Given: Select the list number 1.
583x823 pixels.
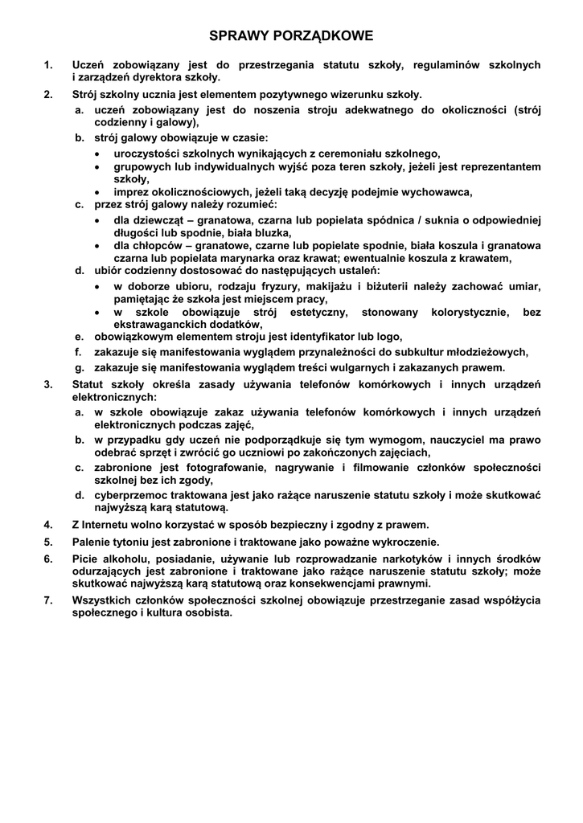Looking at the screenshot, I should tap(48, 65).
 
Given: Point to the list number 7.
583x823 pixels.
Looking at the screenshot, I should tap(48, 600).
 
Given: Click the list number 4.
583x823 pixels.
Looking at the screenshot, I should tap(48, 526).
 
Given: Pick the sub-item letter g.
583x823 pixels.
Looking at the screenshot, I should tap(80, 367).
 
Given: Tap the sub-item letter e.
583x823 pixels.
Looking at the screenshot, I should tap(80, 337).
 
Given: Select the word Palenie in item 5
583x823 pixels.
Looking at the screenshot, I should tap(92, 542).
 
